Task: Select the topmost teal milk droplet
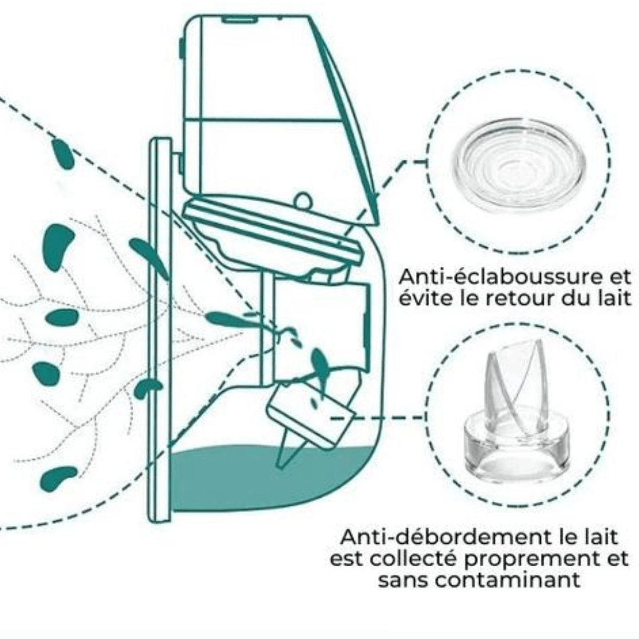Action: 63,154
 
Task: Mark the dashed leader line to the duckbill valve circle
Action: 379,418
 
